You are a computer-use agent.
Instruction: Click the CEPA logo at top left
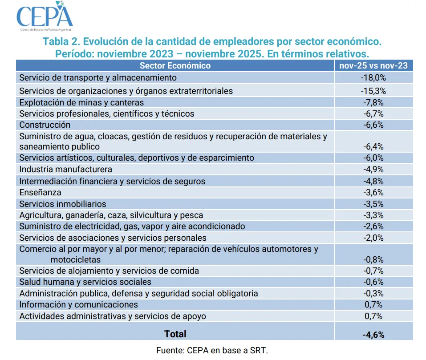(x=45, y=17)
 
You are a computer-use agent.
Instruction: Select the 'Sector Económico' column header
(x=175, y=66)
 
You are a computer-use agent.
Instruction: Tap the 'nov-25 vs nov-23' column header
(x=373, y=66)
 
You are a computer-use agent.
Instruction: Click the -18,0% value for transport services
(x=373, y=78)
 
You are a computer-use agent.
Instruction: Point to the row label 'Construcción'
(x=45, y=125)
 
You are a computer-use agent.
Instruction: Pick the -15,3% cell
(x=373, y=91)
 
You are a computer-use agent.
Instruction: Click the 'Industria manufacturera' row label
(x=66, y=170)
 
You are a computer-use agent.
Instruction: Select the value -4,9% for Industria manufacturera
(x=373, y=170)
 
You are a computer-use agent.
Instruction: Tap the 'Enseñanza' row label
(x=41, y=193)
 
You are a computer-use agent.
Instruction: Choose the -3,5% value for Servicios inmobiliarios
(x=373, y=204)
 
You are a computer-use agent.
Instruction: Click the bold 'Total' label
(x=175, y=334)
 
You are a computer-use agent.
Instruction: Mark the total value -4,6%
(x=373, y=334)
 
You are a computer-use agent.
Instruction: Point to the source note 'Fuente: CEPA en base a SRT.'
(x=212, y=351)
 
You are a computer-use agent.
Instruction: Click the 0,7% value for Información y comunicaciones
(x=373, y=305)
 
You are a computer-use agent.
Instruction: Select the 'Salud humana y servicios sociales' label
(x=85, y=282)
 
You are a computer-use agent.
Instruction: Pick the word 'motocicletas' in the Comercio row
(x=76, y=259)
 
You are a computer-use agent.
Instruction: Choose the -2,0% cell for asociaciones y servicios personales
(x=373, y=238)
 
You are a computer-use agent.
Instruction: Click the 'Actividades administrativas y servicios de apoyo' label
(x=113, y=316)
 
